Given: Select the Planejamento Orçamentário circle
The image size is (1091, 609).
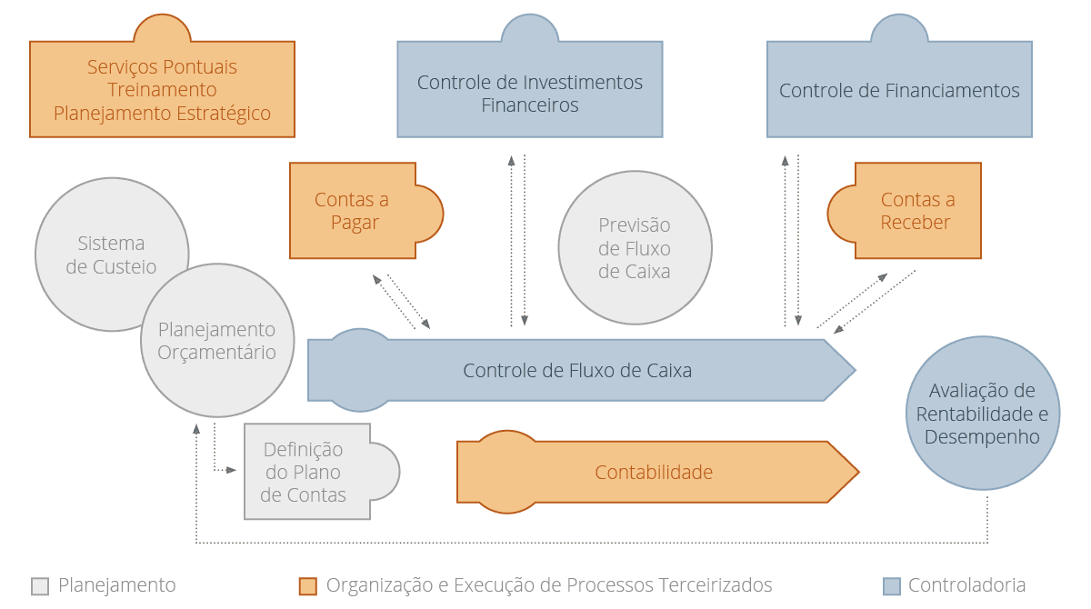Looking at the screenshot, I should pyautogui.click(x=217, y=341).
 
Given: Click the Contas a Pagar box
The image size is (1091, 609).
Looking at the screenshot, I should pyautogui.click(x=353, y=211).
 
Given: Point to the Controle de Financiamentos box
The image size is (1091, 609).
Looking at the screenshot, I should pyautogui.click(x=899, y=91).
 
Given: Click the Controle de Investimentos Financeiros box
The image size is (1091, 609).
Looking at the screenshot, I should pyautogui.click(x=529, y=93).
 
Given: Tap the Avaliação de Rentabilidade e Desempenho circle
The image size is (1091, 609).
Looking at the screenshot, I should pyautogui.click(x=982, y=414).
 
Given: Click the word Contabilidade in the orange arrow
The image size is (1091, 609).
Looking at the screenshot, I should pyautogui.click(x=654, y=473).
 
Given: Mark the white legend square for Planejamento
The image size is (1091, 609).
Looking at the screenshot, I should pyautogui.click(x=40, y=586).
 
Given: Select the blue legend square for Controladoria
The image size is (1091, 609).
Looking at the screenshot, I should pyautogui.click(x=892, y=586).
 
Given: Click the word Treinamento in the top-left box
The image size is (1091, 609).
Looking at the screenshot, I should pyautogui.click(x=162, y=90).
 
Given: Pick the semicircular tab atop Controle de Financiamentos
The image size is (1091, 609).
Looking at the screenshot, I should pyautogui.click(x=899, y=29).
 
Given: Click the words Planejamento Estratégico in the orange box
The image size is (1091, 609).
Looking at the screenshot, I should pyautogui.click(x=162, y=114).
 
